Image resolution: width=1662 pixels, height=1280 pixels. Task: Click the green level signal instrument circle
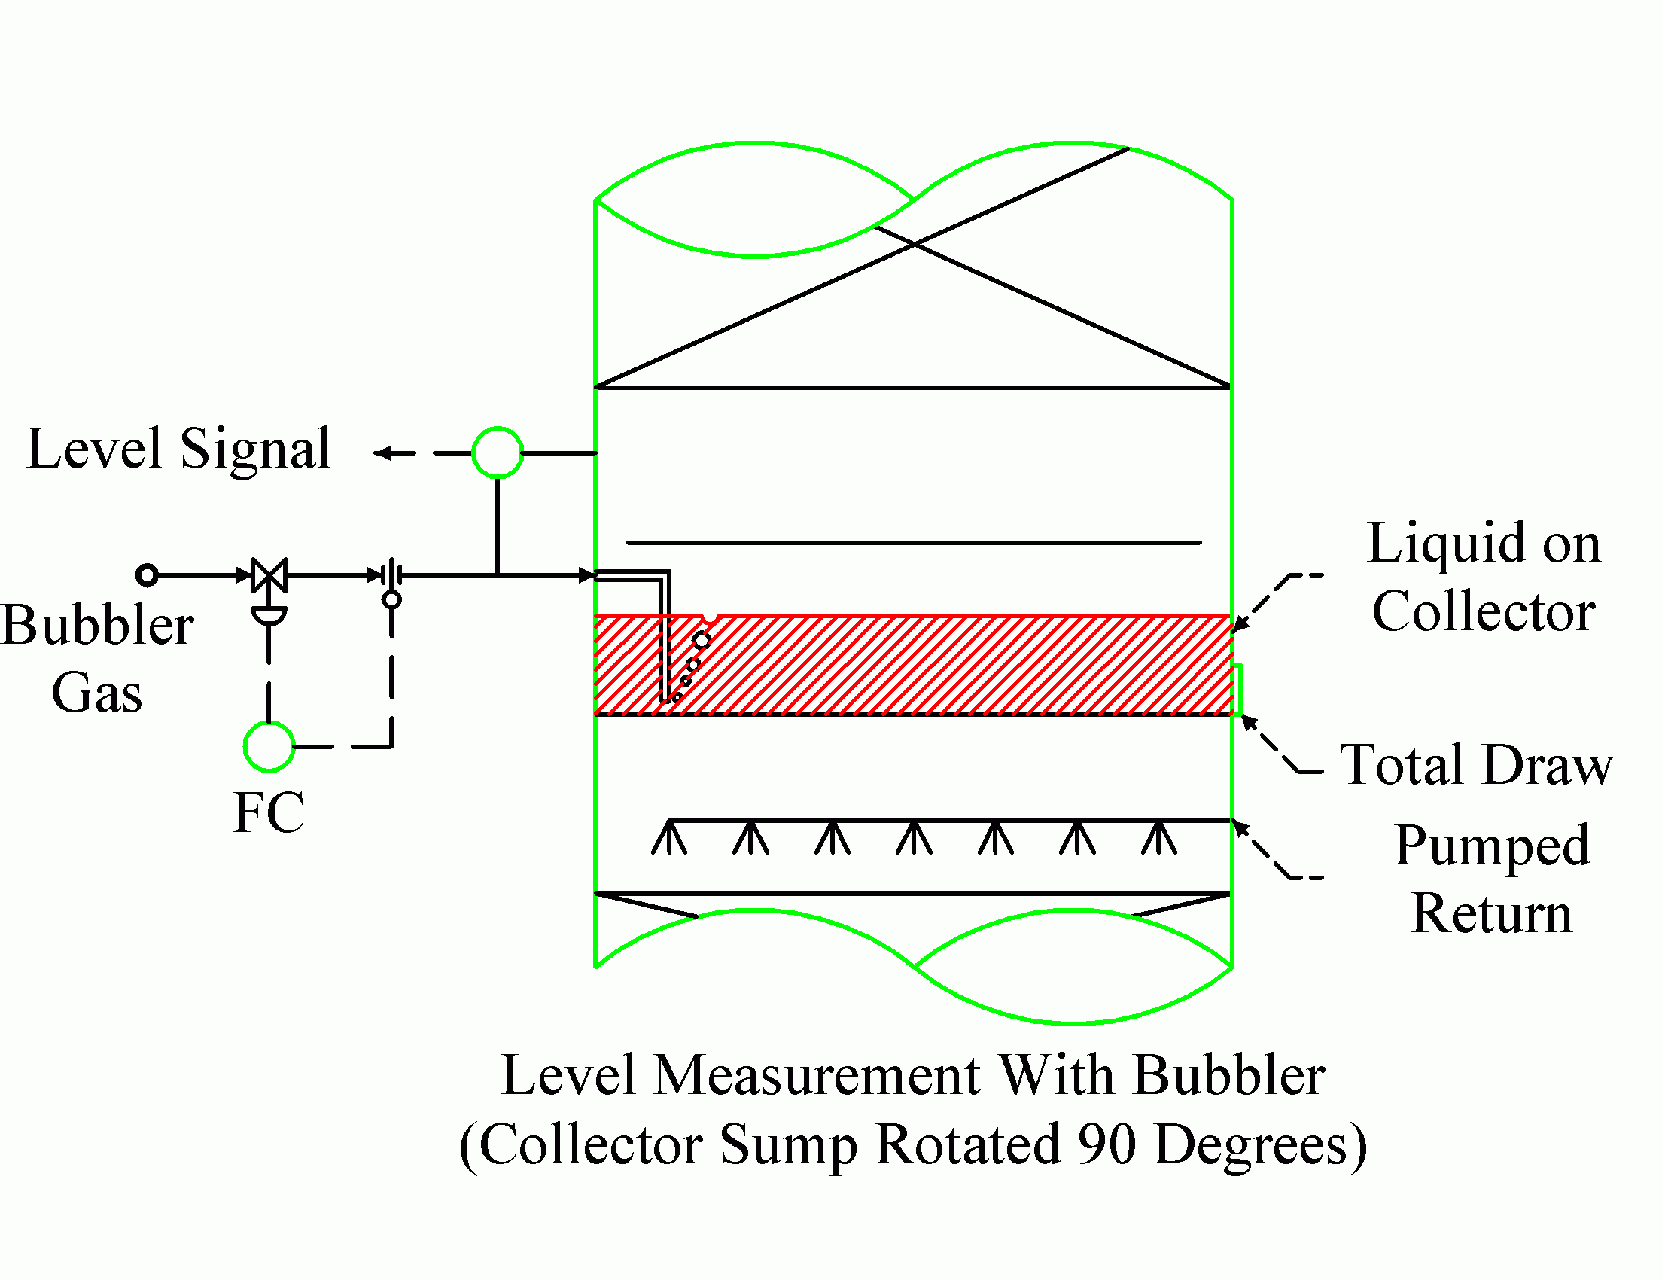(x=498, y=453)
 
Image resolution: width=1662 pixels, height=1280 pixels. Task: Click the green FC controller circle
(x=269, y=746)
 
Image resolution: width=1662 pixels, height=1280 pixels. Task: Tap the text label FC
(x=268, y=812)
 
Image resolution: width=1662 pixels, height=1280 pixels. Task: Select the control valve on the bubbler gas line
(x=269, y=575)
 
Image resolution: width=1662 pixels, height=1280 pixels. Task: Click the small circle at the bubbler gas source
(x=147, y=574)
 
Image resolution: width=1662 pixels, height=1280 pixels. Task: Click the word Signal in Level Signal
(x=255, y=449)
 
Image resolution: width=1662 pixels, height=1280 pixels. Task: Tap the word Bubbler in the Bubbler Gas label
(x=97, y=626)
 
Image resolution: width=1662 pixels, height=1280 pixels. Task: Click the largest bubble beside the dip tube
(x=702, y=641)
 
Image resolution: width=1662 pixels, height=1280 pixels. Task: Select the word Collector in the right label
(x=1483, y=611)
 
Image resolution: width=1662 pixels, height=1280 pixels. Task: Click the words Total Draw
(x=1475, y=765)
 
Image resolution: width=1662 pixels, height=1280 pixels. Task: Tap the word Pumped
(x=1492, y=846)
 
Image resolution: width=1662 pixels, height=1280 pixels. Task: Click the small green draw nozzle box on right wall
(x=1237, y=690)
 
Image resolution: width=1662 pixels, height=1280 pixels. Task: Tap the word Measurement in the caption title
(x=817, y=1076)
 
